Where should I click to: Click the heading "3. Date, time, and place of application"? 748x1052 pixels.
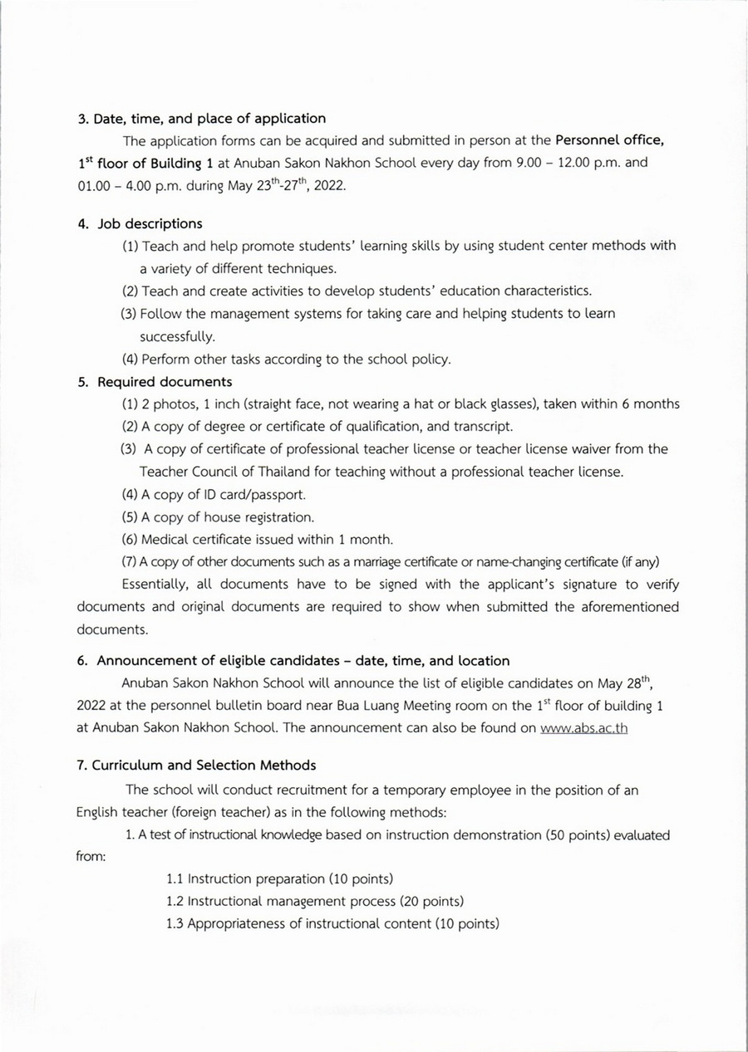tap(201, 119)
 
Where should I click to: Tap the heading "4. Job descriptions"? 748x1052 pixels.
tap(140, 223)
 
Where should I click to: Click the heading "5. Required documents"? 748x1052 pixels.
tap(155, 382)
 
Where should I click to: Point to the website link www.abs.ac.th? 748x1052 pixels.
tap(583, 728)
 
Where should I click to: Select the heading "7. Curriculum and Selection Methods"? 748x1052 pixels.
tap(196, 765)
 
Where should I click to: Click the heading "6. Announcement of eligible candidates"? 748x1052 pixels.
tap(293, 661)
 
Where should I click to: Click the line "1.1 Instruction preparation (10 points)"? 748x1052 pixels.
tap(279, 878)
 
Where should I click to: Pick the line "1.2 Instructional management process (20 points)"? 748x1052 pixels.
tap(315, 901)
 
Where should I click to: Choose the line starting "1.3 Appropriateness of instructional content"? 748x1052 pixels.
tap(332, 923)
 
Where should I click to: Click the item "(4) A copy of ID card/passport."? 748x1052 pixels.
tap(214, 495)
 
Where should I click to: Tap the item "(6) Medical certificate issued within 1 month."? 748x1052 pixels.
tap(258, 540)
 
